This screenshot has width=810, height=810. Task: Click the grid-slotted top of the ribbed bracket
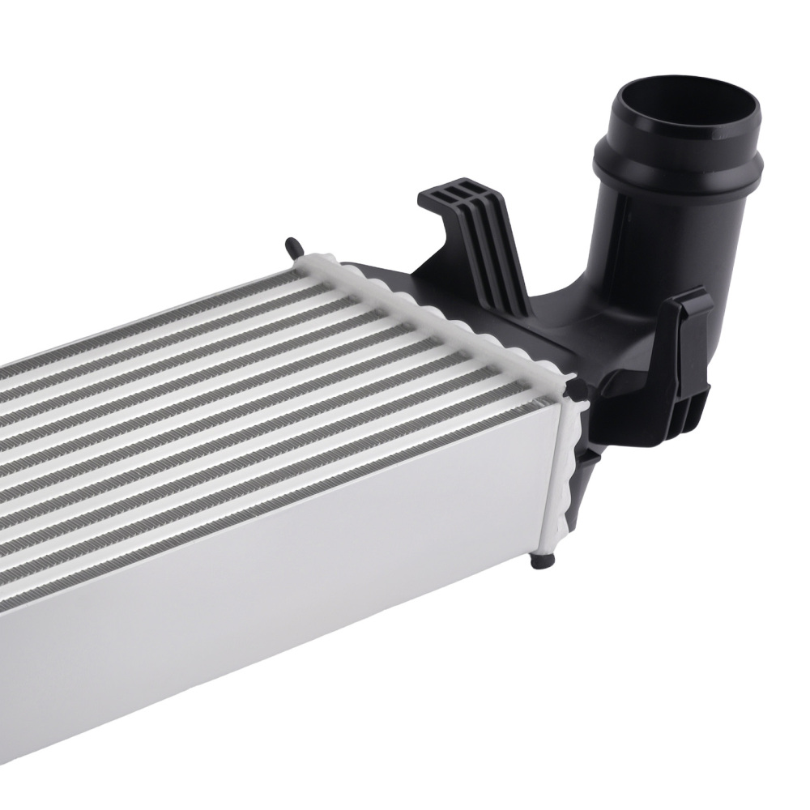454,194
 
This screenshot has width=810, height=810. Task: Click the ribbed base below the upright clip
688,405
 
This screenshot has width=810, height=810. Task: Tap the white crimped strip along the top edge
437,316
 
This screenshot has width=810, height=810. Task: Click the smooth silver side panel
283,567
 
